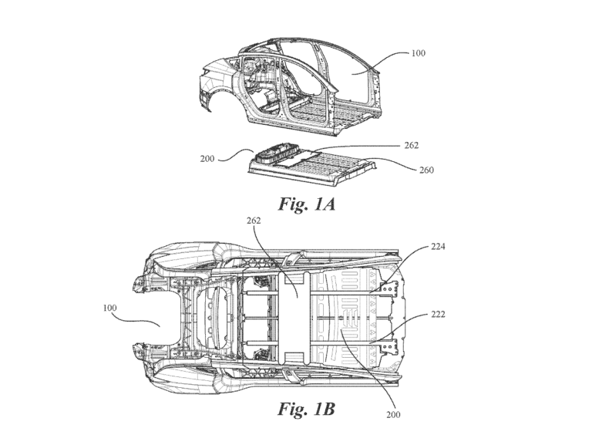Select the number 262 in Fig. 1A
pyautogui.click(x=412, y=144)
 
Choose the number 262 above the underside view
pyautogui.click(x=254, y=220)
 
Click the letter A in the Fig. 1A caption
pyautogui.click(x=328, y=205)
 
